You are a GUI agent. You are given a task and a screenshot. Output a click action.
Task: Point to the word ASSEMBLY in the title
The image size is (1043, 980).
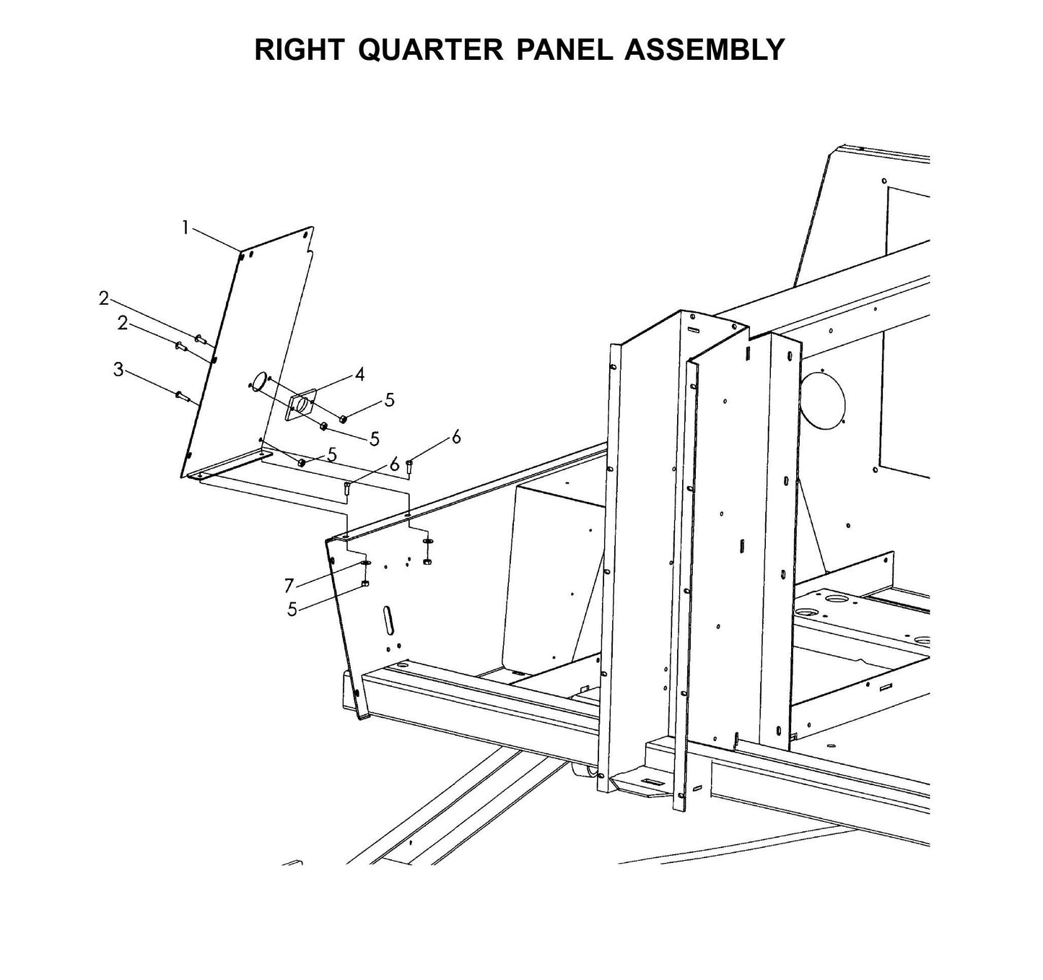click(x=704, y=50)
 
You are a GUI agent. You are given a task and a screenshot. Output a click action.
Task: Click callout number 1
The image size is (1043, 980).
click(x=185, y=228)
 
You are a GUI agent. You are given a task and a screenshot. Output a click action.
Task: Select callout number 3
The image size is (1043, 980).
click(x=118, y=370)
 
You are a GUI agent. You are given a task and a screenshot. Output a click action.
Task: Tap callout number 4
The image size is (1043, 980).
click(x=359, y=374)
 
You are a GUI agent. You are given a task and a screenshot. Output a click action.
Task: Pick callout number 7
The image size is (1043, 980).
click(x=289, y=585)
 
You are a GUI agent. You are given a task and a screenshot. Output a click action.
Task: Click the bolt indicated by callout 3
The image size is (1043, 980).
click(x=181, y=395)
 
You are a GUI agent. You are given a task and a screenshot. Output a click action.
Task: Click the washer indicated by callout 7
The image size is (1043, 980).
click(x=365, y=563)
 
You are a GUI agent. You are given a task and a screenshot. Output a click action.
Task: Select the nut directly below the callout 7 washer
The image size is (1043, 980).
click(x=365, y=583)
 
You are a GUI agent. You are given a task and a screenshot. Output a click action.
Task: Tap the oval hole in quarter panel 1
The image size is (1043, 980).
click(x=258, y=381)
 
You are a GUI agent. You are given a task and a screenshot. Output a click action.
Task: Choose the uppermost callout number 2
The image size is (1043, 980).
click(x=104, y=298)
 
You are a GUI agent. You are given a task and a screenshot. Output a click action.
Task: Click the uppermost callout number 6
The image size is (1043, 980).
click(x=455, y=437)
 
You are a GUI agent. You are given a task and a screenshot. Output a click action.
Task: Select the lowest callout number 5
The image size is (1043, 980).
click(x=292, y=610)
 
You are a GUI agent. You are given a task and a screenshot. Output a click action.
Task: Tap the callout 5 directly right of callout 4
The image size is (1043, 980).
click(x=390, y=399)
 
